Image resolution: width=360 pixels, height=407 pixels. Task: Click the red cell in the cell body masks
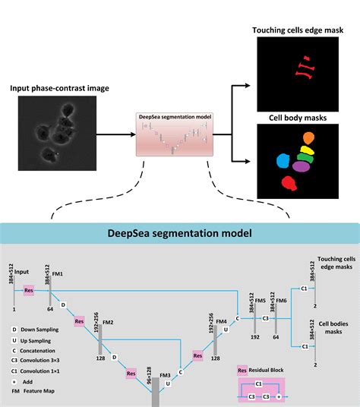pyautogui.click(x=289, y=183)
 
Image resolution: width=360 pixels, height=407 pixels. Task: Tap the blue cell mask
pyautogui.click(x=283, y=161)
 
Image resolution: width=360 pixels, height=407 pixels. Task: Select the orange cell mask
pyautogui.click(x=308, y=139)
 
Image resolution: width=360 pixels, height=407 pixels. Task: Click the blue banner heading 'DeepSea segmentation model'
pyautogui.click(x=180, y=232)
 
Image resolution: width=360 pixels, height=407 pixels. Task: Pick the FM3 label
pyautogui.click(x=165, y=375)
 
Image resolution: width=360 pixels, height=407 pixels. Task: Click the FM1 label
pyautogui.click(x=57, y=273)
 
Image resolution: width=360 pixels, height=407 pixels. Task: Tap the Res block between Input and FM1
pyautogui.click(x=29, y=290)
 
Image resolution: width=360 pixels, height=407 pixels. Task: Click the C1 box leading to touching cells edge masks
pyautogui.click(x=304, y=289)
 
